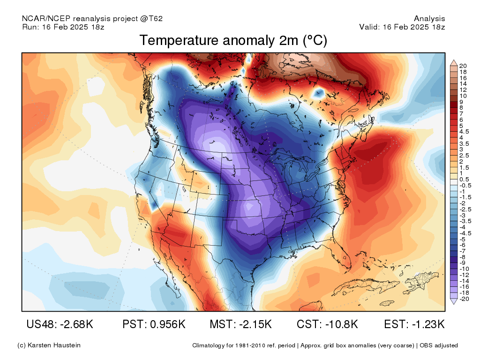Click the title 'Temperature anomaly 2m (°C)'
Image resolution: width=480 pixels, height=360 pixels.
coord(233,41)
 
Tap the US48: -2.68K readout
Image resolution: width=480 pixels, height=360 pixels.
coord(60,324)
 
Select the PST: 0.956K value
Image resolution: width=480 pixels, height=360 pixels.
coord(154,324)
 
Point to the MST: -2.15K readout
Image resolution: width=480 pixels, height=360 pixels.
coord(240,324)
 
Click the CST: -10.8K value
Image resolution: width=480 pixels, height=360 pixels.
coord(327,324)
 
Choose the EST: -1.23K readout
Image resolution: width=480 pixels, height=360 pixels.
coord(414,324)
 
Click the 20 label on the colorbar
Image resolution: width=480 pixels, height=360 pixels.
coord(463,66)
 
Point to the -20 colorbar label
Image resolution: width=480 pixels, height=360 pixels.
coord(464,299)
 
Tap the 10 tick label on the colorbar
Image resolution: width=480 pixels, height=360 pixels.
coord(463,96)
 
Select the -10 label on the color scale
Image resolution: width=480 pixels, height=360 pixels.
coord(464,269)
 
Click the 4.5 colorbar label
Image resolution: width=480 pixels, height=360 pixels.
coord(464,132)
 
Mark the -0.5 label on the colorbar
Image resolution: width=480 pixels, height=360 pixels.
coord(465,186)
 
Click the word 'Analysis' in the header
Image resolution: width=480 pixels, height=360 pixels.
coord(429,19)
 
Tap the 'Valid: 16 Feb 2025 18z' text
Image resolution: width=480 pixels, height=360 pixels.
coord(402,27)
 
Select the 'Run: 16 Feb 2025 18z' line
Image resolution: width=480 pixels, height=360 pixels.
coord(63,27)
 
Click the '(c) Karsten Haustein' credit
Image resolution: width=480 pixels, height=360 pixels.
coord(49,345)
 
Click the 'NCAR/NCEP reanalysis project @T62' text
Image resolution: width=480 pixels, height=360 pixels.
coord(92,19)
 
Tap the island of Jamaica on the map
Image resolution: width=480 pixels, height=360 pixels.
coord(386,303)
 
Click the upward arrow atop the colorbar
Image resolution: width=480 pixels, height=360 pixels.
coord(454,63)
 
